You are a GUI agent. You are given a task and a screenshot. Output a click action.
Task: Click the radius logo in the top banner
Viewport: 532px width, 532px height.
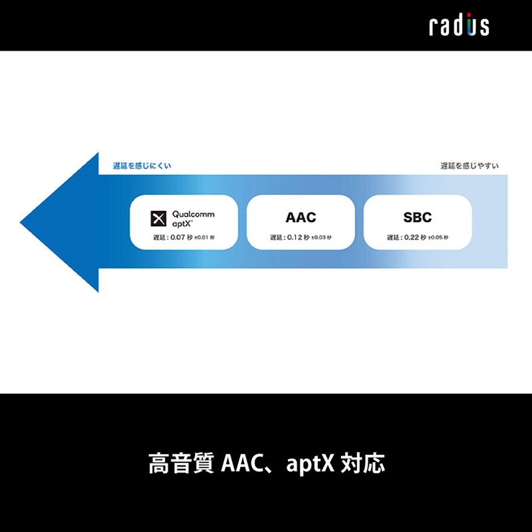point(459,25)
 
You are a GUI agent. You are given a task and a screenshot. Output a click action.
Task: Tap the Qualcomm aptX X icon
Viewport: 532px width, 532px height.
point(159,219)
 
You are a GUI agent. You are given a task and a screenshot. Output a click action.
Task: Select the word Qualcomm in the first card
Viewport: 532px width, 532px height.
point(194,214)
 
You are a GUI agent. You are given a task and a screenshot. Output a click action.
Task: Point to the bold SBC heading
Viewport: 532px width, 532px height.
point(417,217)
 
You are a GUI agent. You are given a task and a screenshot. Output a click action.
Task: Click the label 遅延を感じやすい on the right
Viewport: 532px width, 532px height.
point(469,166)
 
